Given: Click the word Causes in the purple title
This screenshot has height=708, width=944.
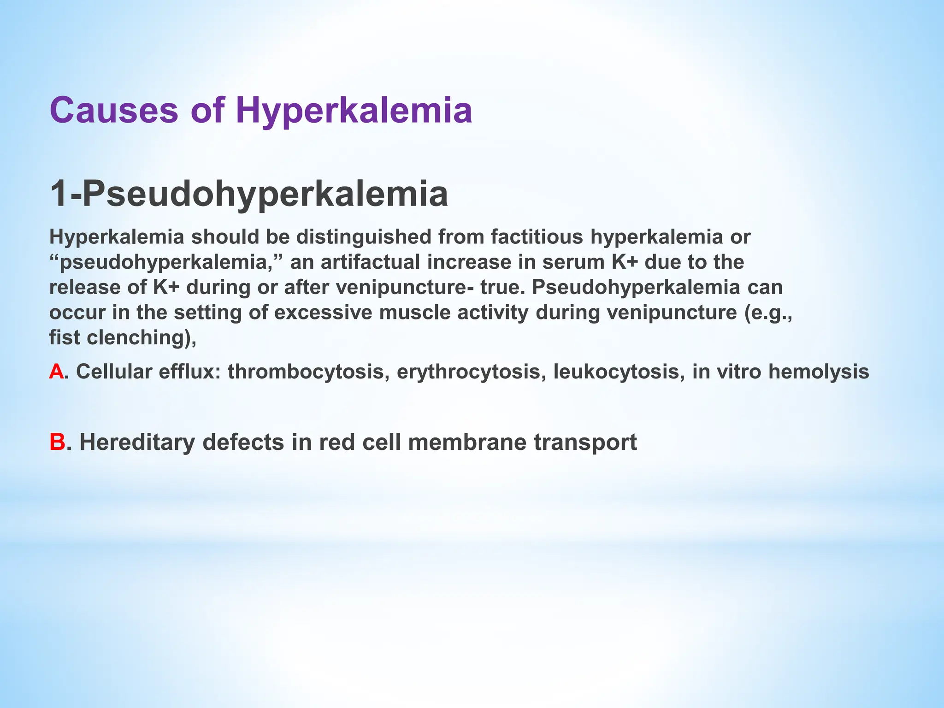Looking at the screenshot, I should tap(113, 111).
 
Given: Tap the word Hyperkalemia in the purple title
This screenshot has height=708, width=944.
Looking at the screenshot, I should tap(354, 111).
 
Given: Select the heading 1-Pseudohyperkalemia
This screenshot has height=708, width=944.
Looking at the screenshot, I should tap(249, 194).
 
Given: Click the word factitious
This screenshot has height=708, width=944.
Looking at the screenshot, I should tap(537, 237).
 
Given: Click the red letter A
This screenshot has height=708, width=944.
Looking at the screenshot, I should tap(56, 372).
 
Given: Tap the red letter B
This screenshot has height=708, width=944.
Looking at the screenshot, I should tap(57, 442).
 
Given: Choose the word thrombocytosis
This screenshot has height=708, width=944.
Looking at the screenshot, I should tap(306, 372).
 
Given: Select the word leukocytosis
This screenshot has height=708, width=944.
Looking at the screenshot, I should tap(616, 372).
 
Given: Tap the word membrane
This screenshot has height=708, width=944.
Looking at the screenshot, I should tap(467, 442).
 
